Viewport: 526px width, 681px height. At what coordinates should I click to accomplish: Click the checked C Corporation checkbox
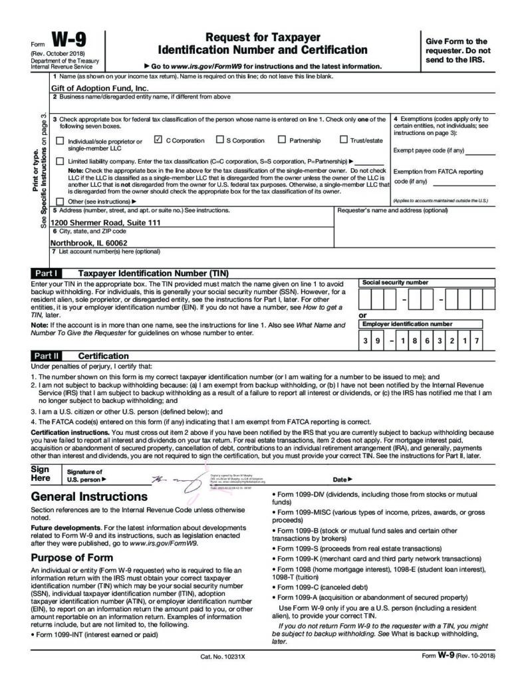pyautogui.click(x=158, y=140)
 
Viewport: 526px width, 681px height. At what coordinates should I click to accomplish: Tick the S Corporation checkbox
pyautogui.click(x=219, y=140)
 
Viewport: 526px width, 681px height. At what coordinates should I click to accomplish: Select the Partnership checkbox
pyautogui.click(x=282, y=140)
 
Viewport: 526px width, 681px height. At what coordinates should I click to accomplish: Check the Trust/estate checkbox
pyautogui.click(x=344, y=140)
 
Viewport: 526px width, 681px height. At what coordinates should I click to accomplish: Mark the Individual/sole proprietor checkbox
pyautogui.click(x=61, y=141)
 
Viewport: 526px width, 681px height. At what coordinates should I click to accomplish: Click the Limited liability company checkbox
pyautogui.click(x=61, y=161)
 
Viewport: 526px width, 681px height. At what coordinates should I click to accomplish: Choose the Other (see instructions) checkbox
pyautogui.click(x=61, y=201)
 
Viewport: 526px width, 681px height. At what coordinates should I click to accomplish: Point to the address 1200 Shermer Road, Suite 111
pyautogui.click(x=106, y=223)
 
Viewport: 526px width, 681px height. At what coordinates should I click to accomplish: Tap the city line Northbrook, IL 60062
pyautogui.click(x=89, y=243)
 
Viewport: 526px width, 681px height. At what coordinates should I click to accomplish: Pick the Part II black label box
pyautogui.click(x=47, y=356)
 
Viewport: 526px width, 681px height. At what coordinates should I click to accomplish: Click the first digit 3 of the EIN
pyautogui.click(x=364, y=340)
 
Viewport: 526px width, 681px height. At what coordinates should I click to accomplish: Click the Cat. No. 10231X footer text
pyautogui.click(x=223, y=656)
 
